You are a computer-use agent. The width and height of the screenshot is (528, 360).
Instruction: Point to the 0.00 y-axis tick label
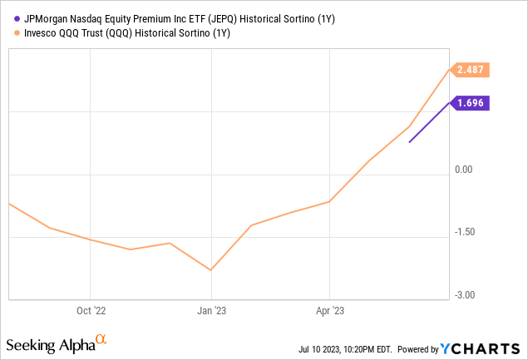[464, 170]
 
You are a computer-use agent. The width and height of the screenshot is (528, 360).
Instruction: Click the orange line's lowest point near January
[211, 270]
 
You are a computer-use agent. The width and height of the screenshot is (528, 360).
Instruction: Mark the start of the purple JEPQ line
[409, 142]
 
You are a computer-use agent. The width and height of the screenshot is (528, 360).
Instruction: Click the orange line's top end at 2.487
[450, 70]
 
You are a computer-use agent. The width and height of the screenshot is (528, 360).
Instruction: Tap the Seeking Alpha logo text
[49, 344]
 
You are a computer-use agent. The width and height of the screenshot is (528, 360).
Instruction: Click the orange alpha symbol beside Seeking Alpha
[101, 339]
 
